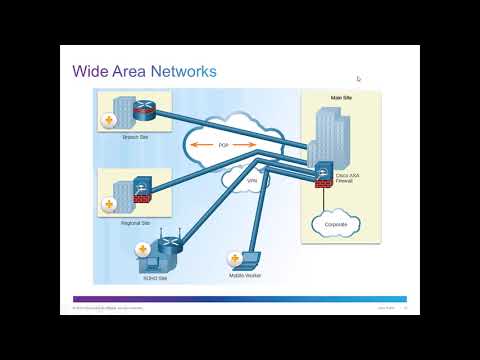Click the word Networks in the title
(180, 72)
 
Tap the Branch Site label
(136, 136)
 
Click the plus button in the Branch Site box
(108, 121)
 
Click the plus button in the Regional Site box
(108, 205)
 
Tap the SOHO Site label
(155, 278)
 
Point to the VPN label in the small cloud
(238, 180)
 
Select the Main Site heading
(339, 97)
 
